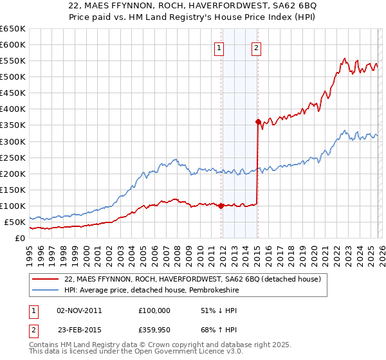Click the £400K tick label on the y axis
tap(12, 109)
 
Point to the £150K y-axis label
tap(12, 190)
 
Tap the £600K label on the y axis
tap(12, 45)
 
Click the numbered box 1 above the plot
tap(219, 47)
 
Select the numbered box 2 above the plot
tap(256, 47)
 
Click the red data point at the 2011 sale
tap(221, 206)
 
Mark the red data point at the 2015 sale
tap(258, 122)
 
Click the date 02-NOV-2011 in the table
tap(79, 310)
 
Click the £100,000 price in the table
tap(154, 310)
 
